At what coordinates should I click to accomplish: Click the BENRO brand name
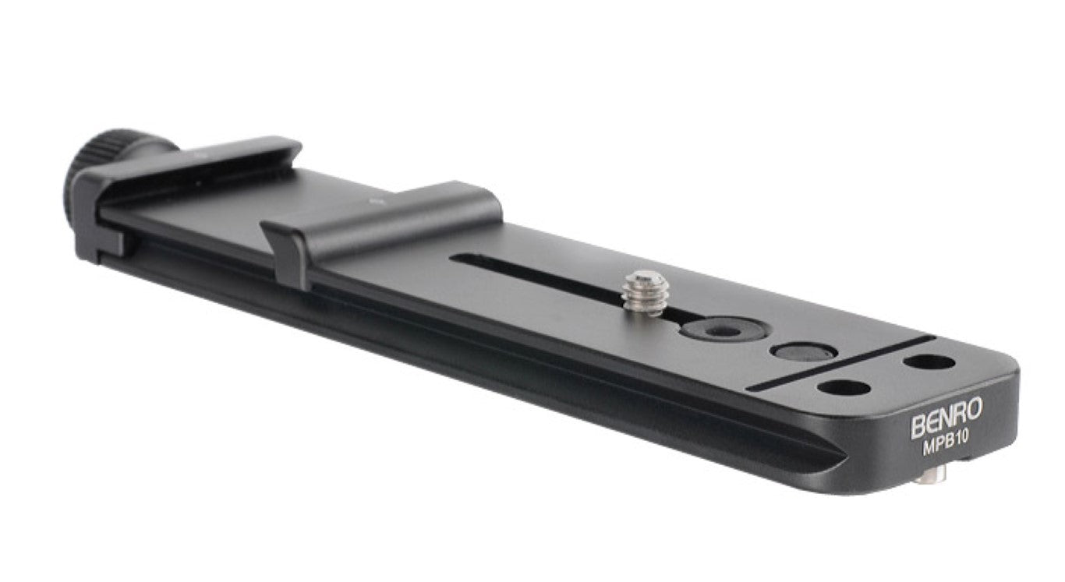click(946, 418)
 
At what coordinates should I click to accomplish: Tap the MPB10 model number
click(946, 445)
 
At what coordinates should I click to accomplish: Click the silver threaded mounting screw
click(646, 292)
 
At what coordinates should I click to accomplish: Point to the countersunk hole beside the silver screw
click(724, 330)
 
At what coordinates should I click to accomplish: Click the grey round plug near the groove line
click(804, 352)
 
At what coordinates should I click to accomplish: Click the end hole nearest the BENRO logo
click(844, 388)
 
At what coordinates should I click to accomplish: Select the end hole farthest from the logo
click(929, 362)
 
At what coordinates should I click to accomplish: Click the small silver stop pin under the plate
click(930, 477)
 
